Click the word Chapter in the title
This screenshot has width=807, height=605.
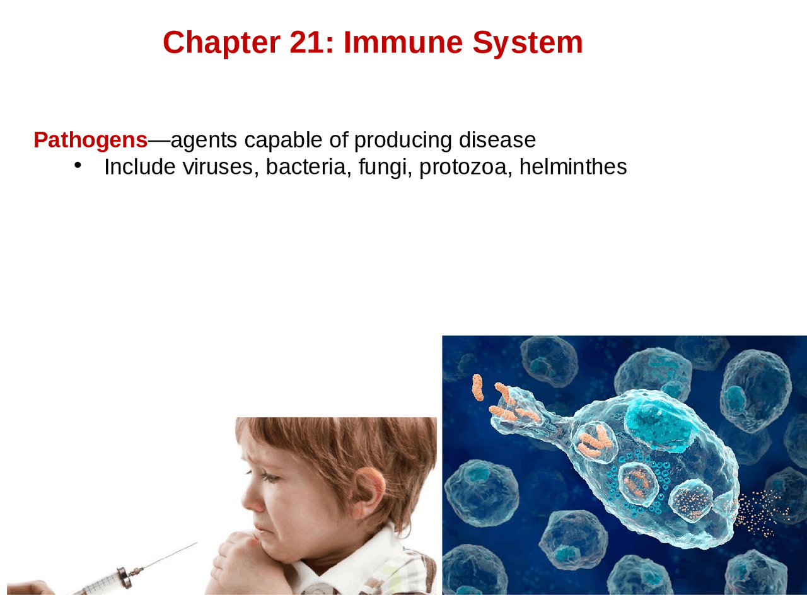coord(222,43)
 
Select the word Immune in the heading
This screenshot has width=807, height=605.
coord(403,43)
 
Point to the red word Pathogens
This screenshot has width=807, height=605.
coord(90,141)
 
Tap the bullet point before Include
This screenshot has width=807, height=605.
coord(78,166)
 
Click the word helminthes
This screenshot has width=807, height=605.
coord(573,167)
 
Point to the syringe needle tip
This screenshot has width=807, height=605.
coord(197,543)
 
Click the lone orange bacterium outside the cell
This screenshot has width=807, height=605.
coord(477,388)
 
